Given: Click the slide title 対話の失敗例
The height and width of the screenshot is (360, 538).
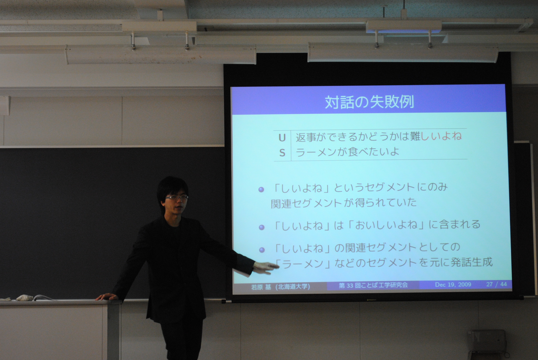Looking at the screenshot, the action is tap(369, 102).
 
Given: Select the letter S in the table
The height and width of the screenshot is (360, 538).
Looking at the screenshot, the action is tap(282, 153).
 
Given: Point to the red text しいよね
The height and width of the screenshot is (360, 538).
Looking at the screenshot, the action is tap(441, 136).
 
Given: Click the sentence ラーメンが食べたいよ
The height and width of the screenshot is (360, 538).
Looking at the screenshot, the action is tap(347, 152).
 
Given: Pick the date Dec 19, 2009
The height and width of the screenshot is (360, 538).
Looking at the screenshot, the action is tap(453, 284).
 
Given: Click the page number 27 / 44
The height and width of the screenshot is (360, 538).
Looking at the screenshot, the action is tap(496, 284).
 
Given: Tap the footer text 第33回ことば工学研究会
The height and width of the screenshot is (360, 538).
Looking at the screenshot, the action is tap(373, 285).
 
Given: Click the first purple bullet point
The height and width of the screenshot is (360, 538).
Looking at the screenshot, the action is tap(261, 190).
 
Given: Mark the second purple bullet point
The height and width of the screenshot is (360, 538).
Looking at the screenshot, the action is tap(261, 227).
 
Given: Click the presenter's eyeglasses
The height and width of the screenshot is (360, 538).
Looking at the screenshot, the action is tap(177, 198).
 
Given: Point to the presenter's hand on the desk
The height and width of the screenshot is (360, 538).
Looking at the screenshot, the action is tap(106, 297).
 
